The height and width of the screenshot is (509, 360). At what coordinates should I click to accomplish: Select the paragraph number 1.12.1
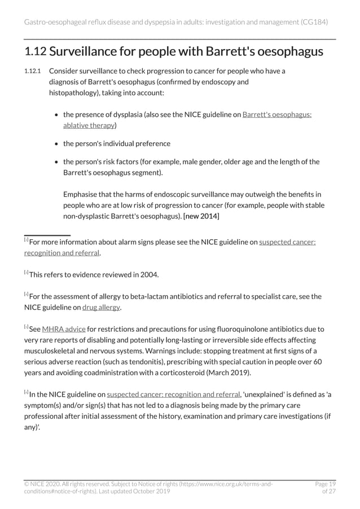(x=33, y=71)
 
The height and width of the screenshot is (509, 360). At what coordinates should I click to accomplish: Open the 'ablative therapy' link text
(x=89, y=125)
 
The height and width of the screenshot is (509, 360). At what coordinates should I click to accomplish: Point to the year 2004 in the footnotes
(x=149, y=275)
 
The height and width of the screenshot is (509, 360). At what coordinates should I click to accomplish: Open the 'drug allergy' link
(x=100, y=308)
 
